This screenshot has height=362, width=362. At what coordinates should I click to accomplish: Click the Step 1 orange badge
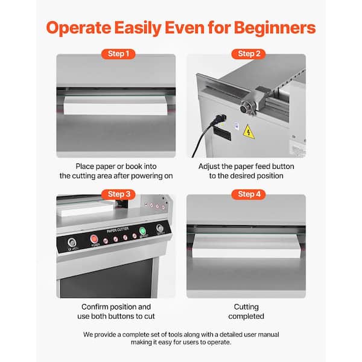pyautogui.click(x=118, y=54)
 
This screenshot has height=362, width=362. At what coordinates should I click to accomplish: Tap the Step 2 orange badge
pyautogui.click(x=249, y=54)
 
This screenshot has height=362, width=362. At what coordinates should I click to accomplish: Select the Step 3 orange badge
pyautogui.click(x=118, y=194)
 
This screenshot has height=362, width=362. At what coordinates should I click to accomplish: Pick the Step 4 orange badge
pyautogui.click(x=249, y=194)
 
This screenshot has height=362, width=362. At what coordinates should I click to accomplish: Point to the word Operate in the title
pyautogui.click(x=78, y=28)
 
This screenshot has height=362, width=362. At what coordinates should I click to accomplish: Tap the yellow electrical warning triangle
pyautogui.click(x=249, y=132)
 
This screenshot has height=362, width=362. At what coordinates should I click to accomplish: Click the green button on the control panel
pyautogui.click(x=142, y=230)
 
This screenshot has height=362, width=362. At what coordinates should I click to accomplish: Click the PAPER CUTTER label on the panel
pyautogui.click(x=118, y=230)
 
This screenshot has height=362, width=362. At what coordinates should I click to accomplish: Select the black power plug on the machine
pyautogui.click(x=220, y=119)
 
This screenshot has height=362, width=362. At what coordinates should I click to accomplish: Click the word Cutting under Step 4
pyautogui.click(x=246, y=307)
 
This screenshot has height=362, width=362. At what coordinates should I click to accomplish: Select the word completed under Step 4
pyautogui.click(x=246, y=316)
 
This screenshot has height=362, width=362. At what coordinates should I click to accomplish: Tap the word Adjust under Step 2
pyautogui.click(x=209, y=167)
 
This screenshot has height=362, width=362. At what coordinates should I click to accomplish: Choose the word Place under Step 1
pyautogui.click(x=84, y=167)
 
